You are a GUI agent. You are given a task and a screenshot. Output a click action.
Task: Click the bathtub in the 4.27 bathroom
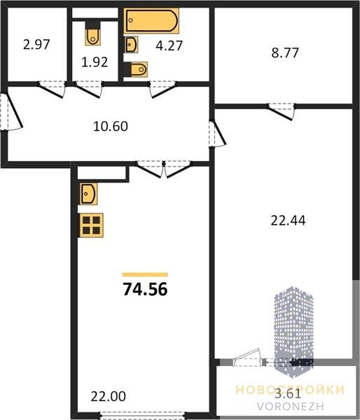(x=151, y=21)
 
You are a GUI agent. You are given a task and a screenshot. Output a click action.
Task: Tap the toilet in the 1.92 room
(x=92, y=33)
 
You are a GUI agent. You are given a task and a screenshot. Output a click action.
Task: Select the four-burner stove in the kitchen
(x=91, y=225)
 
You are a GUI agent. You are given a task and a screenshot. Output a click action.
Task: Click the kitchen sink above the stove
(x=88, y=194)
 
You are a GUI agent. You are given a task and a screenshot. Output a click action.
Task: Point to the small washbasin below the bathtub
(x=132, y=45)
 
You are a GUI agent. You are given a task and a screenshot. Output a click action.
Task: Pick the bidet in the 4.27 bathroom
(x=136, y=69)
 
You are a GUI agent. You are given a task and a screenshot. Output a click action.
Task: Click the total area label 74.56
(x=145, y=289)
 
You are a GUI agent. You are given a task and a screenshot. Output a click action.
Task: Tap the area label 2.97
(x=36, y=45)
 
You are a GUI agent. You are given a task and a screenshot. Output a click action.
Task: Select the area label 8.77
(x=285, y=52)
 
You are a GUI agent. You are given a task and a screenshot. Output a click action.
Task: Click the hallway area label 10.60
(x=111, y=127)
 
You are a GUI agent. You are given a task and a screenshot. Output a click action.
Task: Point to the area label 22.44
(x=288, y=221)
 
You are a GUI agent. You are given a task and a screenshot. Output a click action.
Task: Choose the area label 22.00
(x=109, y=397)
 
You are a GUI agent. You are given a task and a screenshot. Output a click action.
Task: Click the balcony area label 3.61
(x=288, y=393)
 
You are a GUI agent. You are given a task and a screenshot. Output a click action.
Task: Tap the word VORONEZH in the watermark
(x=290, y=406)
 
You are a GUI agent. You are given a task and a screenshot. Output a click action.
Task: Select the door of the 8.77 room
(x=282, y=112)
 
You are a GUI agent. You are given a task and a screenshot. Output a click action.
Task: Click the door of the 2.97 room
(x=52, y=90)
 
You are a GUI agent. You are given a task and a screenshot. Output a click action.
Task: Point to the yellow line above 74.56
(x=145, y=274)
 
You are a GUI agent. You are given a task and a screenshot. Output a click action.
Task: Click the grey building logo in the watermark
(x=293, y=332)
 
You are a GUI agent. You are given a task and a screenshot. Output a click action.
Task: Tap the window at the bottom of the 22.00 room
(x=143, y=416)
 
